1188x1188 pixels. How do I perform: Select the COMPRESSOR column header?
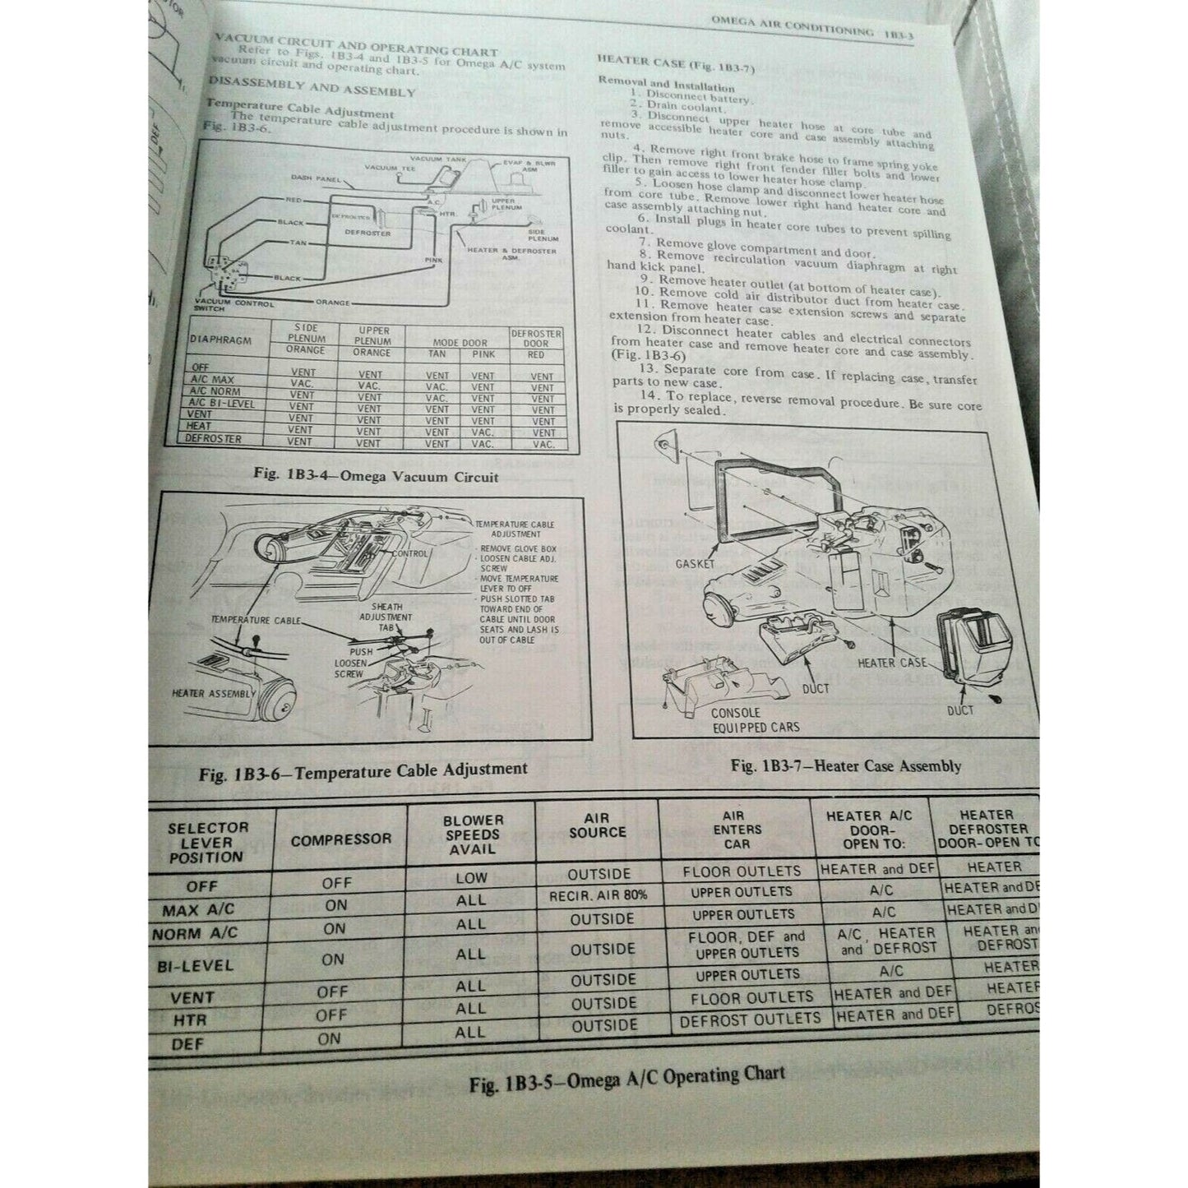tap(340, 840)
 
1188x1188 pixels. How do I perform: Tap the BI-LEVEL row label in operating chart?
tap(196, 966)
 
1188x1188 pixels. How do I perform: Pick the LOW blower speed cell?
tap(471, 877)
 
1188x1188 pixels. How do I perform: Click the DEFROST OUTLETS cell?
tap(750, 1019)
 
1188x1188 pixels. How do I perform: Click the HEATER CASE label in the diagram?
tap(891, 662)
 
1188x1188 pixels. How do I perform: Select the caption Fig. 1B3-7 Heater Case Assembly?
tap(846, 766)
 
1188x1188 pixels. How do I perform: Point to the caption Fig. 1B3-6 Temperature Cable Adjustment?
tap(363, 770)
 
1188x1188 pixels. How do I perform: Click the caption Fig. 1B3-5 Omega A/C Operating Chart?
tap(627, 1078)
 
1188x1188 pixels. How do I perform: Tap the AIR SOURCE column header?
tap(596, 825)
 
